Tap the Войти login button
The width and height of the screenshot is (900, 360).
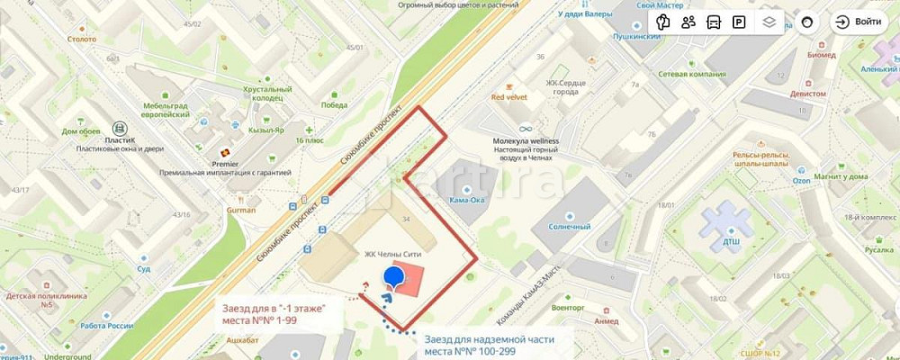coord(859,22)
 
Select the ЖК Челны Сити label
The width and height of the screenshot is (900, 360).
coord(392,255)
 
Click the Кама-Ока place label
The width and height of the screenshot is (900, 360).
coord(468,200)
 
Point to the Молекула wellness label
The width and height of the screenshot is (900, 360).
coord(526,141)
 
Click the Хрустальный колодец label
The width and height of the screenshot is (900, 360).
coord(267,94)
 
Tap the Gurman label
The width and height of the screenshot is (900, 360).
coord(240,210)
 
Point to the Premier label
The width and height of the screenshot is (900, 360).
coord(225,164)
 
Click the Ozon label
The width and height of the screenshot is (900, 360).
coord(776,180)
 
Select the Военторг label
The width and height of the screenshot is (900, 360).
coord(568,307)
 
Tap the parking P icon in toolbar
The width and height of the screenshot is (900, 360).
coord(739,22)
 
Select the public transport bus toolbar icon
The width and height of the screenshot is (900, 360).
coord(714,22)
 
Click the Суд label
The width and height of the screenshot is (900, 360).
coord(144,268)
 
